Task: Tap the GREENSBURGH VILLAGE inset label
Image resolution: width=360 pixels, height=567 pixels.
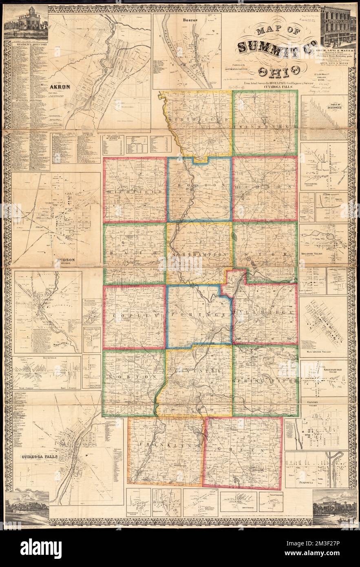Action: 335,372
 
